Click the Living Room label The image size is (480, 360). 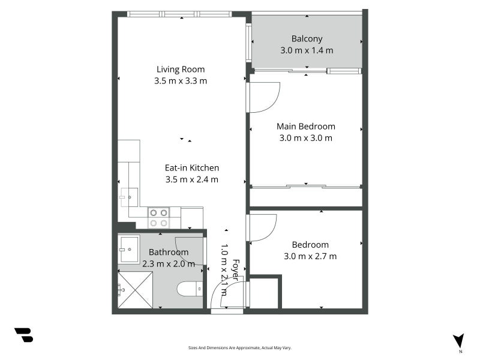click(x=181, y=69)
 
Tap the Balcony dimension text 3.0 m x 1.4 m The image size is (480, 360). click(x=306, y=51)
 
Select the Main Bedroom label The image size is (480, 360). click(x=305, y=127)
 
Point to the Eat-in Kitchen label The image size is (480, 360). click(x=192, y=168)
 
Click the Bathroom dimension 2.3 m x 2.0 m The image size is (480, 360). click(x=169, y=263)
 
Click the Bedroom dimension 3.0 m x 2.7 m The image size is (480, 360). click(x=310, y=256)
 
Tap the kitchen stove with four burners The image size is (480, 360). click(x=158, y=217)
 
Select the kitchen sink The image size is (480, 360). click(x=128, y=197)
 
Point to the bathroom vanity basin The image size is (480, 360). click(x=128, y=249)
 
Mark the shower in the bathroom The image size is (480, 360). click(x=135, y=290)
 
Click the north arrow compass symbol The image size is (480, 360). click(x=459, y=341)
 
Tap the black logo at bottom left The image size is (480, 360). click(x=23, y=335)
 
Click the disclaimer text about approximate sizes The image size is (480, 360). click(x=239, y=347)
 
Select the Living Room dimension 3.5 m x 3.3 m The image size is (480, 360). click(x=181, y=81)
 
